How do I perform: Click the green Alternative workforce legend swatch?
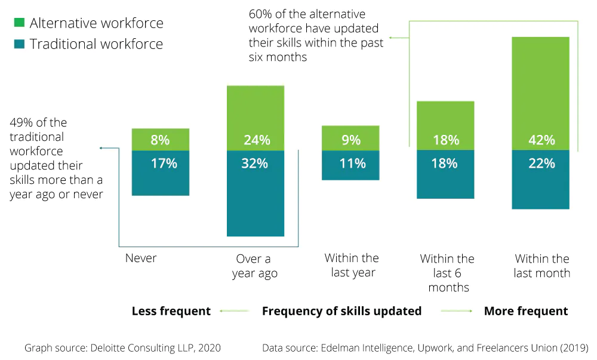tap(19, 23)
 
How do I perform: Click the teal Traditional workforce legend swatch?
tap(19, 44)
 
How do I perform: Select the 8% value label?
tap(160, 140)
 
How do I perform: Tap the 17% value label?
tap(160, 163)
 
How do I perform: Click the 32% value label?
tap(255, 163)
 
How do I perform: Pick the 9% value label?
tap(350, 140)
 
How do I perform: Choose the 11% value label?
tap(350, 163)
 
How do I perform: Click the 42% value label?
tap(541, 140)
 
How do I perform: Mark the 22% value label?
tap(541, 163)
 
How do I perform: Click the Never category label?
tap(141, 259)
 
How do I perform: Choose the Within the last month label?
tap(542, 266)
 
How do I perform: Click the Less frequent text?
tap(171, 311)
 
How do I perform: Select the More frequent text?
tap(526, 311)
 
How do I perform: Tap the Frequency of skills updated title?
tap(341, 311)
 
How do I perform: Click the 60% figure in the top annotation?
tap(260, 14)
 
